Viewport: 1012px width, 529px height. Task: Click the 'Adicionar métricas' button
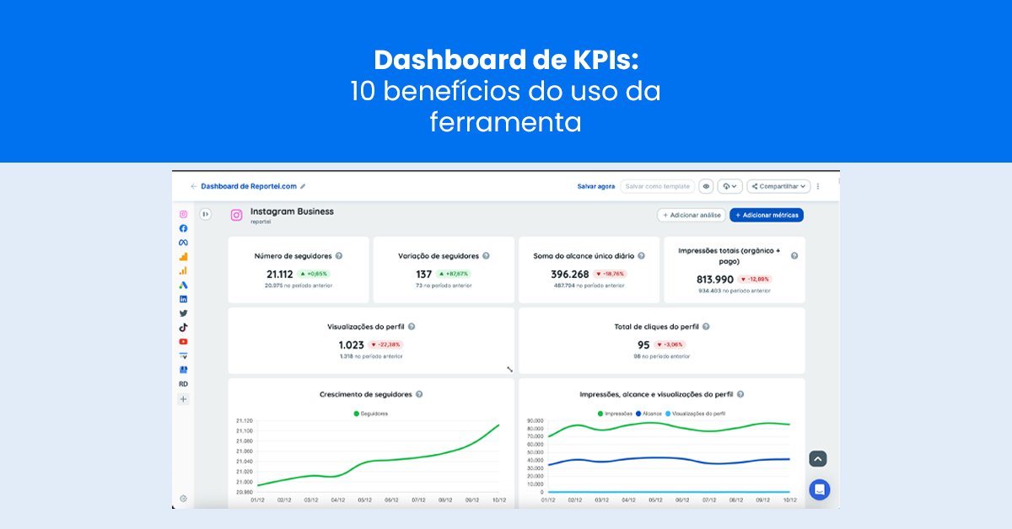click(767, 215)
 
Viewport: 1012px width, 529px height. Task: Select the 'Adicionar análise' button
click(692, 215)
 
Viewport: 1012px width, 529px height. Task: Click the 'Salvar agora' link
click(595, 186)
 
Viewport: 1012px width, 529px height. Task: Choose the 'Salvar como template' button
click(658, 186)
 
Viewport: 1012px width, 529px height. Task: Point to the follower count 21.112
click(280, 274)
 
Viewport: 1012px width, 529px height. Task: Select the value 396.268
click(570, 274)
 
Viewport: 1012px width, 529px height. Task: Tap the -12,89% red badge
click(755, 279)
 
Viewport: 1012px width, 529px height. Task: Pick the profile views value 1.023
click(351, 345)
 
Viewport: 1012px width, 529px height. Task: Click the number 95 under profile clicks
click(643, 345)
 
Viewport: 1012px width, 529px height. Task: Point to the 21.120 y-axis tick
click(244, 420)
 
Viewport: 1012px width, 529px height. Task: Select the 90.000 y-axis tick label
click(535, 420)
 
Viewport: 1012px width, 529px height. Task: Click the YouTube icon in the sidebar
click(183, 341)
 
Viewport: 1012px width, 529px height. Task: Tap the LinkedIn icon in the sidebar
click(183, 299)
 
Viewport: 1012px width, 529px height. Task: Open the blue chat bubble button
click(819, 489)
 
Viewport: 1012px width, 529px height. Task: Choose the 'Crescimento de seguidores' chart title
click(366, 393)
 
